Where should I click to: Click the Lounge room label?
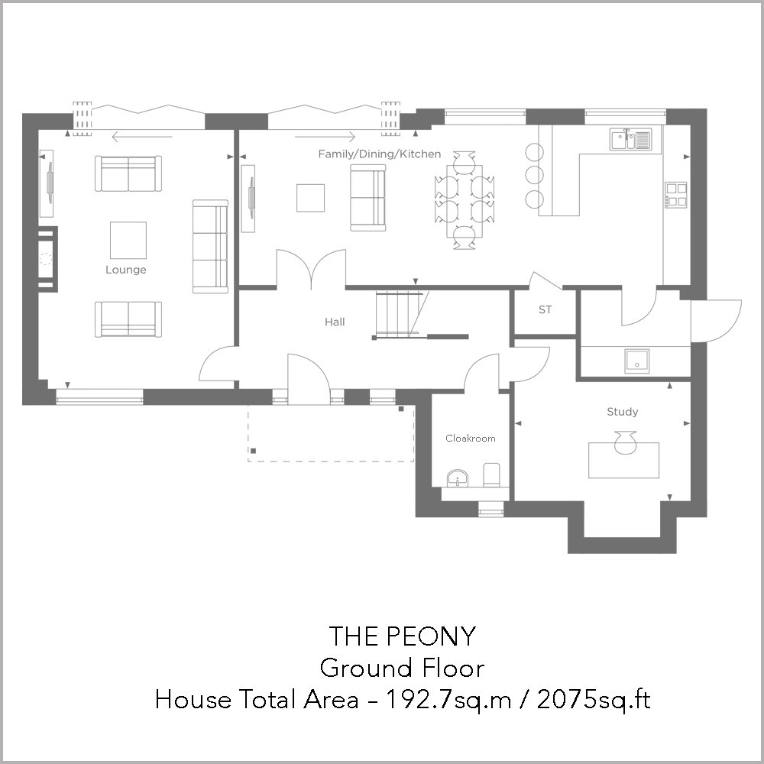coord(126,270)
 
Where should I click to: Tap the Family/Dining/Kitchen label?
coord(380,154)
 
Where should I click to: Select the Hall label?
coord(335,322)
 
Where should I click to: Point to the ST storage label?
coord(545,309)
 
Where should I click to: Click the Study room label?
coord(622,412)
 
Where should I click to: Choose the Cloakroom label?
coord(470,438)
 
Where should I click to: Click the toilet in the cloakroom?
coord(491,474)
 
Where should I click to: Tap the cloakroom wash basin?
coord(458,478)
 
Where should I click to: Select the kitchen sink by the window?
coord(630,139)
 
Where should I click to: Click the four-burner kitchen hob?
coord(676,195)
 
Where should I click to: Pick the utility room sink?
coord(637,361)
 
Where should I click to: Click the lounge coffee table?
coord(128,240)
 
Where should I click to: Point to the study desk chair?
coord(625,442)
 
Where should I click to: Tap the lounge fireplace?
coord(47,259)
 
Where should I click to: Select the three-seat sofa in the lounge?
coord(210,247)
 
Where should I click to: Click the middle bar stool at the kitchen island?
coord(534,174)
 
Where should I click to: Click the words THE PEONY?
coord(402,636)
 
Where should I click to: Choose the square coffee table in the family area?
coord(310,198)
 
